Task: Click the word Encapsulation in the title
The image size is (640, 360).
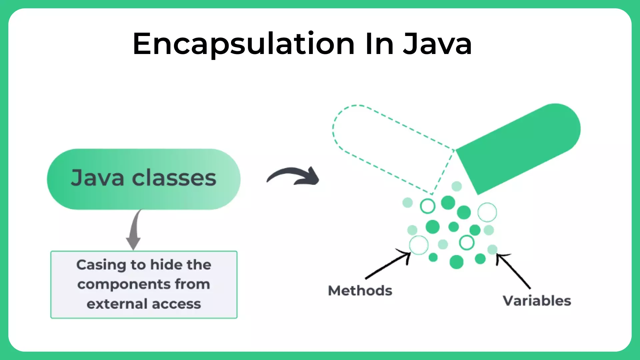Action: pos(243,44)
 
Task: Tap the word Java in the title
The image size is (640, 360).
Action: pos(437,44)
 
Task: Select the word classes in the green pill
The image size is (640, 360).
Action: pos(174,178)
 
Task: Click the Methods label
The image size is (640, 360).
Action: pos(360,291)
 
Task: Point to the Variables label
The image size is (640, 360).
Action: pos(537,301)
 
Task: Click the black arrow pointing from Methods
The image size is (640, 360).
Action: pos(388,265)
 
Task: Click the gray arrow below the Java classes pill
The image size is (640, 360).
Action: pos(134,230)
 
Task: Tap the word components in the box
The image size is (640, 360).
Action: pos(124,284)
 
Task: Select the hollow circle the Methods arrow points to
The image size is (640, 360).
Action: pos(419,245)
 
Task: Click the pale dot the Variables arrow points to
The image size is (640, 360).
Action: pos(492,249)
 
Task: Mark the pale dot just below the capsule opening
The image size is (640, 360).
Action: pos(456,186)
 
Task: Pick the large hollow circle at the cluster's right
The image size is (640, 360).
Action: pos(487,212)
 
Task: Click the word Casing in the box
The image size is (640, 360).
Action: pos(101,265)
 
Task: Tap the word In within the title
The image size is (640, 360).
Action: pos(379,44)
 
